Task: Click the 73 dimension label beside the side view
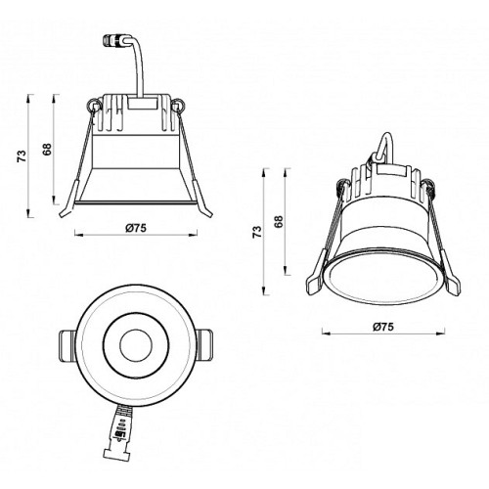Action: coord(22,156)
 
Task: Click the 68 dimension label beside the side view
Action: coord(47,150)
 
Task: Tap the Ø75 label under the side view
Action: coord(136,228)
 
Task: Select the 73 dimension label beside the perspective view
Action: coord(257,232)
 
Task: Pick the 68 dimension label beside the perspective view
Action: coord(279,221)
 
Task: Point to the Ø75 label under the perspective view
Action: coord(383,327)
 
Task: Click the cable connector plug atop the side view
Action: coord(112,40)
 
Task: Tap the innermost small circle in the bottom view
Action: coord(136,345)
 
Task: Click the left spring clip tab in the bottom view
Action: coord(67,345)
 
